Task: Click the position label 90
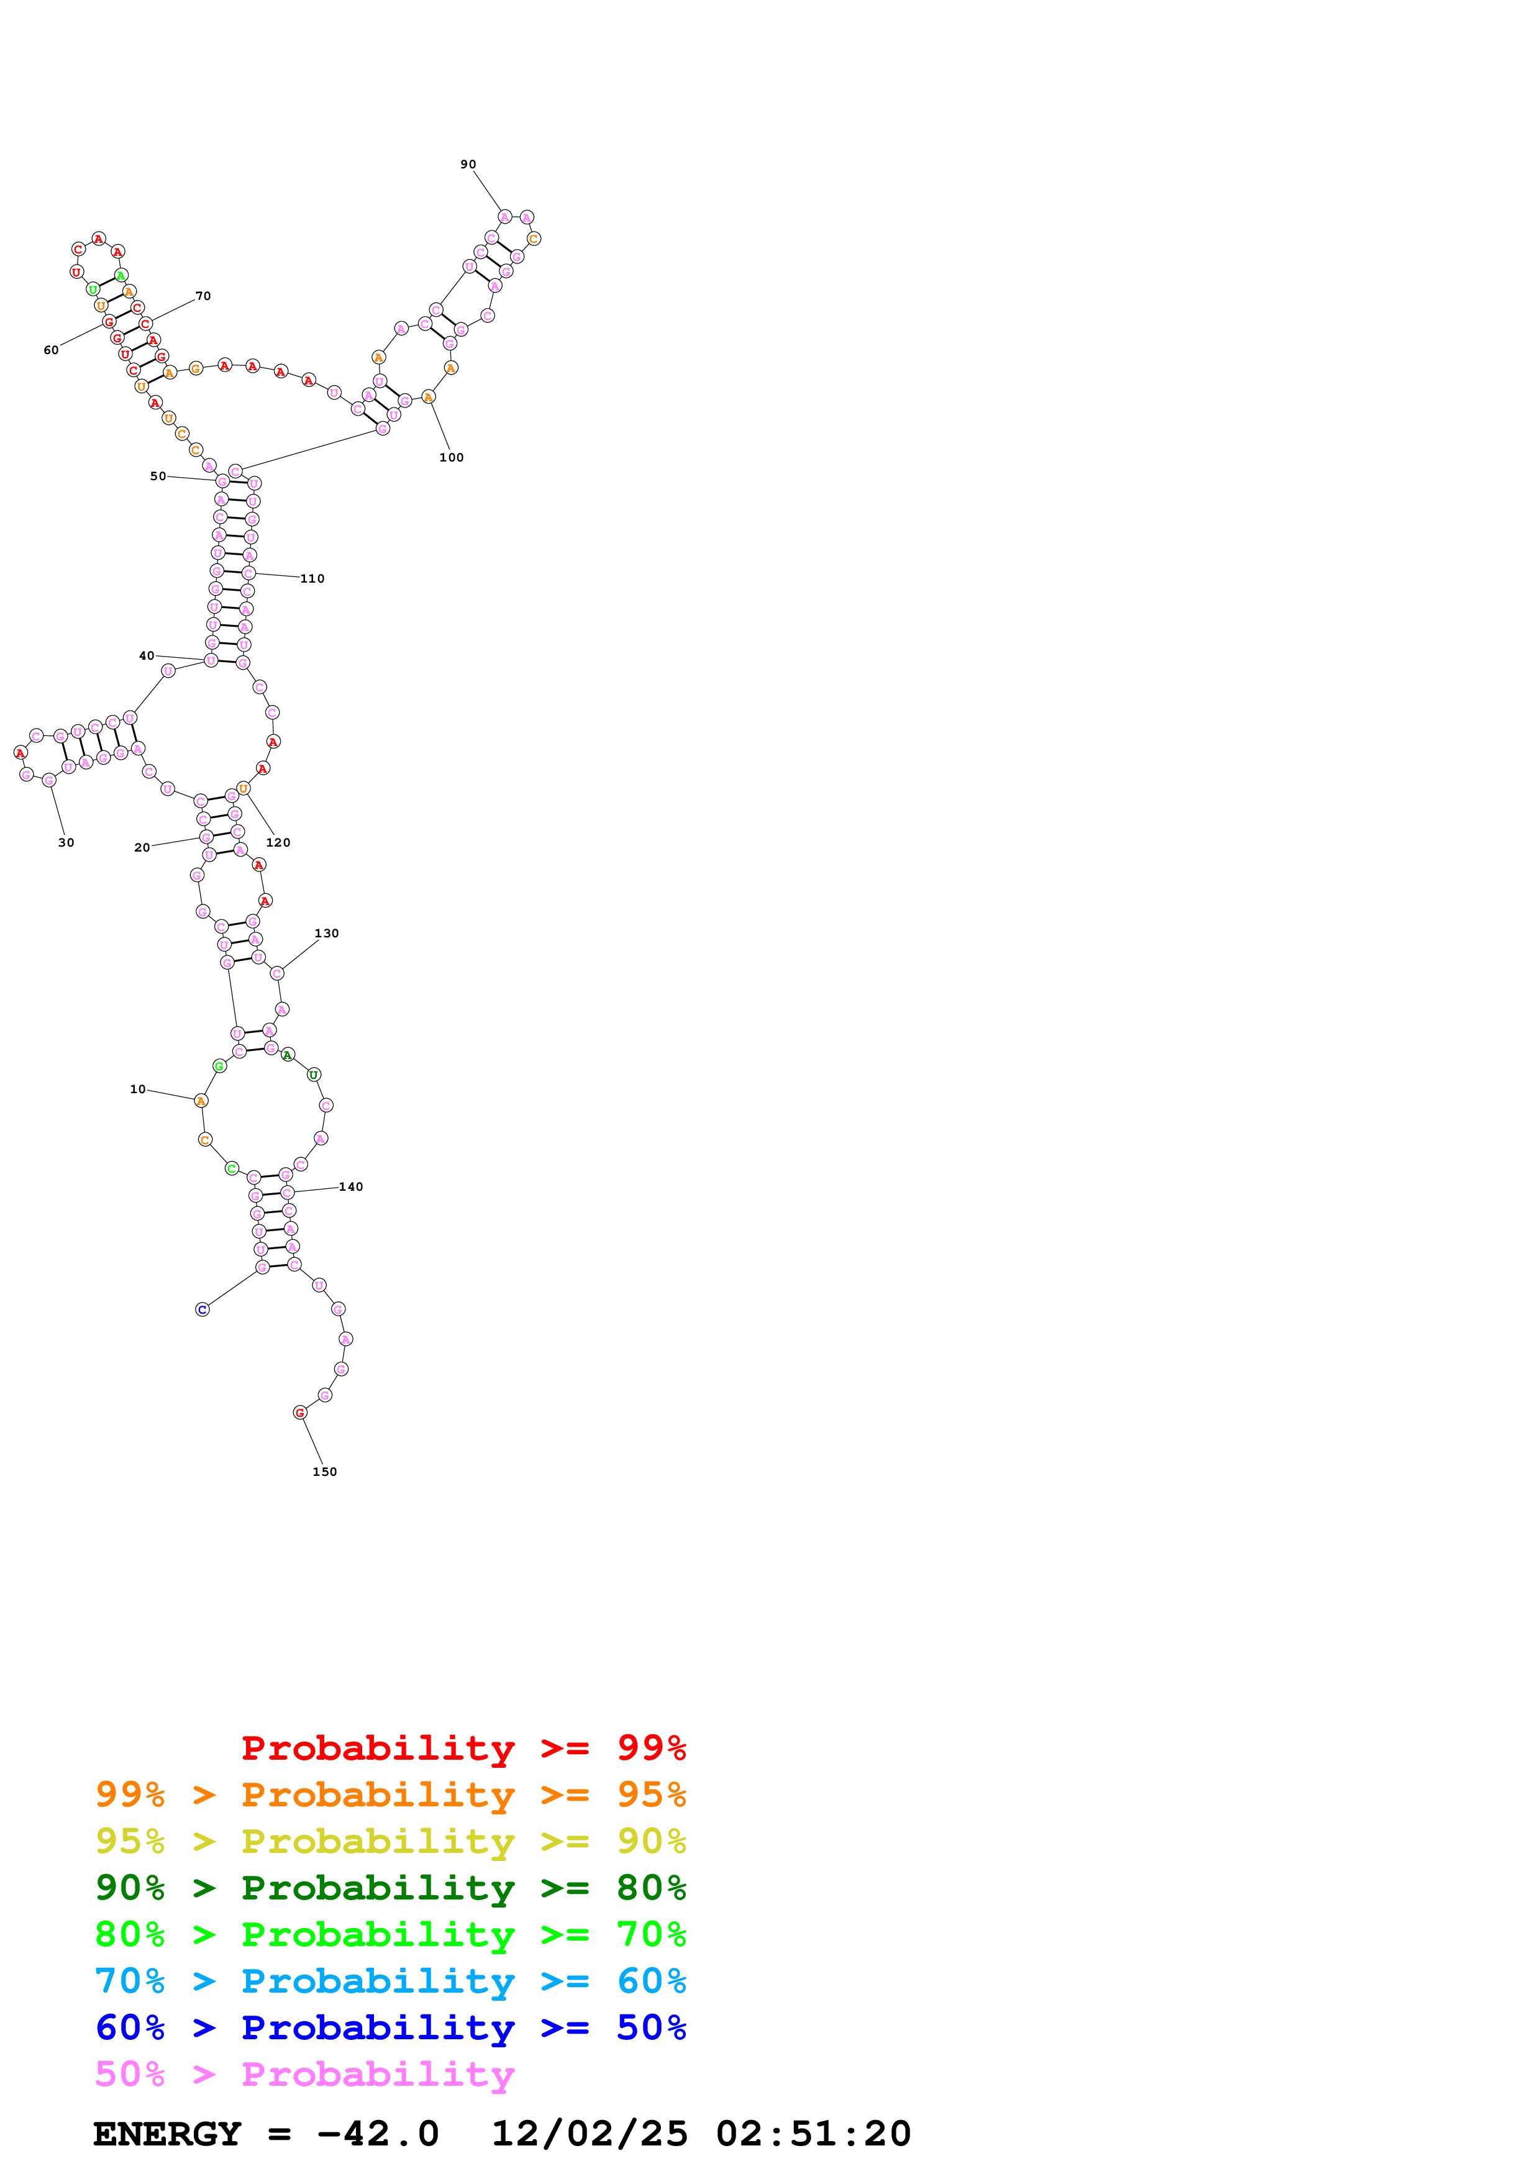coord(468,164)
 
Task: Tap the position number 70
coord(203,296)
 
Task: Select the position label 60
coord(51,350)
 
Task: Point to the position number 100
coord(452,457)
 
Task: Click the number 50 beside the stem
coord(158,476)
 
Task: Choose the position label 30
coord(66,843)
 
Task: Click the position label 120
coord(278,843)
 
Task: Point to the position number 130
coord(326,934)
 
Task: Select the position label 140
coord(351,1187)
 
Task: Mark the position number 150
coord(324,1472)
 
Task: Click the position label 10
coord(137,1089)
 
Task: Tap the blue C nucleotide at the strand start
coord(202,1309)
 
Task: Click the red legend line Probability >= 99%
coord(463,1748)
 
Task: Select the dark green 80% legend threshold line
coord(390,1888)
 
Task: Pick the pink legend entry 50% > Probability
coord(304,2075)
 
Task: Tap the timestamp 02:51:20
coord(813,2134)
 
